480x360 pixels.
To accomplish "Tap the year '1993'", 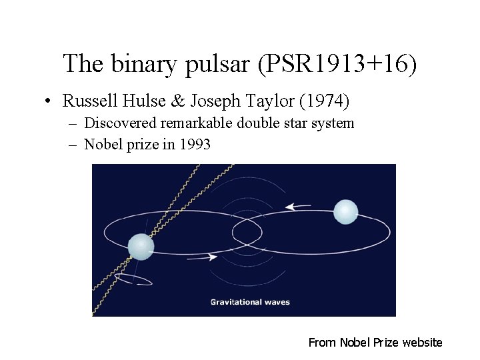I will [x=195, y=144].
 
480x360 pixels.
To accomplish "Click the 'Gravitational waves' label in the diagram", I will [x=250, y=302].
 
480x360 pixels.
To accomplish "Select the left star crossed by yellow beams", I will [x=141, y=246].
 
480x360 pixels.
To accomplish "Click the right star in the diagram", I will [x=345, y=212].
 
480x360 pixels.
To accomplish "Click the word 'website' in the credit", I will [x=421, y=343].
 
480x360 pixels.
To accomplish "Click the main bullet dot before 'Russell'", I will [x=49, y=102].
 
